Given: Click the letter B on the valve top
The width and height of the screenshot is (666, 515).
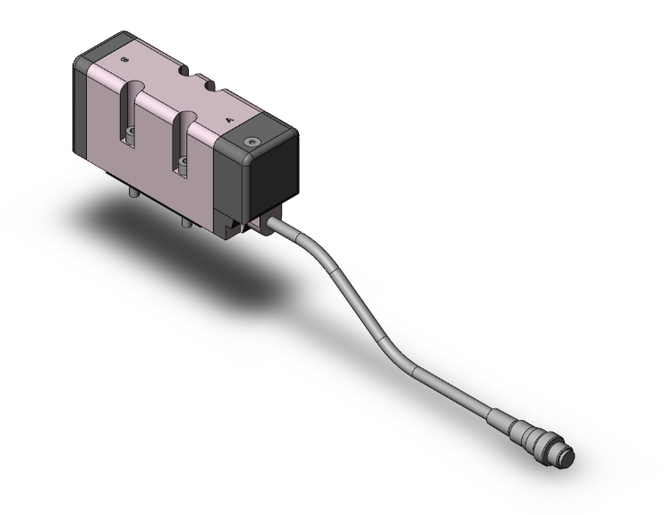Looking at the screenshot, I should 124,59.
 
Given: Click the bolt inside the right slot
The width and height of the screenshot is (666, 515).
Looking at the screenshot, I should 184,162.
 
